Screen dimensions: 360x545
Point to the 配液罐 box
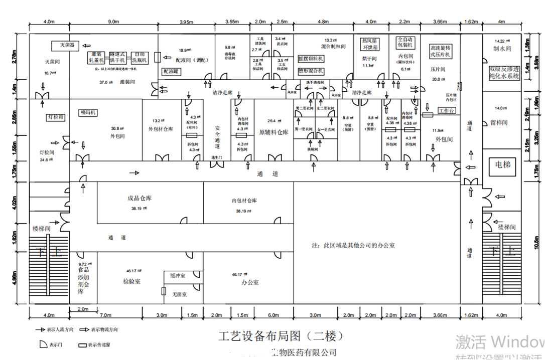coord(170,72)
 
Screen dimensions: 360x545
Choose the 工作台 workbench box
coord(447,110)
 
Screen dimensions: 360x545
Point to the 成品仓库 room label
coord(140,198)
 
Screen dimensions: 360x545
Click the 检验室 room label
coord(131,281)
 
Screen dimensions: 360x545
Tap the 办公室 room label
coord(249,282)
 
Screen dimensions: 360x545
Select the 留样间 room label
coord(499,122)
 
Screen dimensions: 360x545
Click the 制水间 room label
coord(501,49)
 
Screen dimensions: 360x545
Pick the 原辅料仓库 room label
coord(274,132)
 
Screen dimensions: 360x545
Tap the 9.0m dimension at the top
coord(113,22)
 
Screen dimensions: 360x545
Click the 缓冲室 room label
coord(177,276)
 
